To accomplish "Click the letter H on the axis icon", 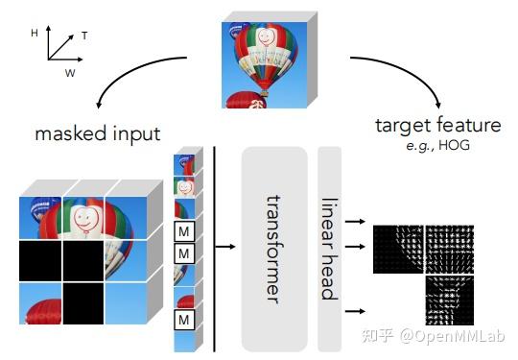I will coord(35,33).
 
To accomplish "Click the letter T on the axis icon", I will coord(84,36).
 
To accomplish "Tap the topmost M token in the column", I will coord(183,231).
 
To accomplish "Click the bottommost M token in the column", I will coord(183,319).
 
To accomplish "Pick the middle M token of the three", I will coord(183,253).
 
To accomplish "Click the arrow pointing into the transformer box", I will coord(227,247).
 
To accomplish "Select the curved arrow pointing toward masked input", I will coord(134,82).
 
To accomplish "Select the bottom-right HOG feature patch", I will coord(454,298).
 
